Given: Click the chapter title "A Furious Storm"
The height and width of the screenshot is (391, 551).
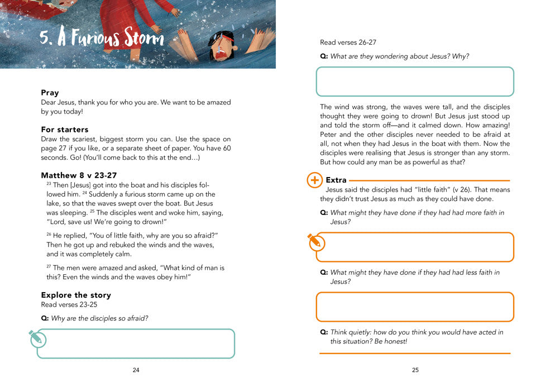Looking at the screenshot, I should tap(102, 39).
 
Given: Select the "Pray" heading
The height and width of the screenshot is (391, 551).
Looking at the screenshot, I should tap(50, 93).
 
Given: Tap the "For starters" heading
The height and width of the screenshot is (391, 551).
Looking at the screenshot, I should tap(65, 129).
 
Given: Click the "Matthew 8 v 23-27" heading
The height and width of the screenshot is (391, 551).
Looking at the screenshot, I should tap(79, 175).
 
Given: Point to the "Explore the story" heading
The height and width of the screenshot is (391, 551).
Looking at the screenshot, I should tap(76, 295).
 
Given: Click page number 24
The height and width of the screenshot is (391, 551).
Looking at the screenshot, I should tap(136, 370).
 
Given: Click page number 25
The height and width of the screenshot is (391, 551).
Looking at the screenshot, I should tap(415, 370).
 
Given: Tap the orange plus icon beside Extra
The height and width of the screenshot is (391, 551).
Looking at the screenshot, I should tap(315, 180).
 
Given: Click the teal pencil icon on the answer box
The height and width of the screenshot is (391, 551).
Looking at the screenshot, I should tap(36, 337).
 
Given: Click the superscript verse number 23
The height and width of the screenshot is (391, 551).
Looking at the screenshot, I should tap(49, 184).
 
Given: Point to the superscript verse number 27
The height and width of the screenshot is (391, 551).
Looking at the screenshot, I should tap(49, 267).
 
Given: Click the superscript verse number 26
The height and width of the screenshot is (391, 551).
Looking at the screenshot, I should tap(49, 234).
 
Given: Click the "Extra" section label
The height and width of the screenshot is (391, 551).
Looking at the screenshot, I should tap(336, 180).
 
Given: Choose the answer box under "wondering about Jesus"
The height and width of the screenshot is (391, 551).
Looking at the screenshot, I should tap(415, 82).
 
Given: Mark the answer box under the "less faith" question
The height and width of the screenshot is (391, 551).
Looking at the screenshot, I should tap(415, 307).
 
